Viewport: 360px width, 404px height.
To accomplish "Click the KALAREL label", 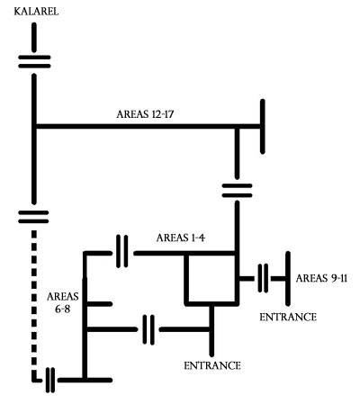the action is [x=36, y=12].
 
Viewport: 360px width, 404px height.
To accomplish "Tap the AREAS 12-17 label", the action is [x=145, y=114].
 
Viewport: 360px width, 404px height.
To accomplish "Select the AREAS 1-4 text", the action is [x=181, y=238].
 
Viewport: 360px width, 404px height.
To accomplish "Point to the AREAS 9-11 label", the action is [x=321, y=278].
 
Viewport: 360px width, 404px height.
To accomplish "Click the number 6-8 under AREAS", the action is [x=62, y=309].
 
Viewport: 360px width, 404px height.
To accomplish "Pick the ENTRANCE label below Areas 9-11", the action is [x=288, y=317].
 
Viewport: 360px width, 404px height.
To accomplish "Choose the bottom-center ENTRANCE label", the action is [x=212, y=365].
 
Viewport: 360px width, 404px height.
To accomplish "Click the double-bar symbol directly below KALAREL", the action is [x=34, y=61].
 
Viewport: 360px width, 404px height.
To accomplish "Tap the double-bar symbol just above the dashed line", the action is [x=33, y=217].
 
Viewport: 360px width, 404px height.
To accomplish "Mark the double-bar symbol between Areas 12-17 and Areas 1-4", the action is [x=237, y=191].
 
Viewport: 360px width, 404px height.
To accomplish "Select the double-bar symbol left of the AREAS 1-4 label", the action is [x=121, y=251].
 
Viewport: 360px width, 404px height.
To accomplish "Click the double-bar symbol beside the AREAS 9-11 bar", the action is [x=263, y=278].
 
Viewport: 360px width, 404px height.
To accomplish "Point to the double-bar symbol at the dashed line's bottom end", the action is [x=50, y=380].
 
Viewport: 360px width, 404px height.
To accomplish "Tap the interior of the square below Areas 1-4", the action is [x=211, y=279].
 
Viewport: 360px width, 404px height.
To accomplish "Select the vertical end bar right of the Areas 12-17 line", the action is [x=263, y=127].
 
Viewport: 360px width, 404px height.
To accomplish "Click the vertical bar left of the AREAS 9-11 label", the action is [x=288, y=279].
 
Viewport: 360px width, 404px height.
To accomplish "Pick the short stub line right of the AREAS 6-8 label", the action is [x=100, y=304].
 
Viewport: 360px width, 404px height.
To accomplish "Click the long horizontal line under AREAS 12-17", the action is [x=148, y=126].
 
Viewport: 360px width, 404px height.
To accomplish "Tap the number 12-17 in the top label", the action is [x=163, y=114].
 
